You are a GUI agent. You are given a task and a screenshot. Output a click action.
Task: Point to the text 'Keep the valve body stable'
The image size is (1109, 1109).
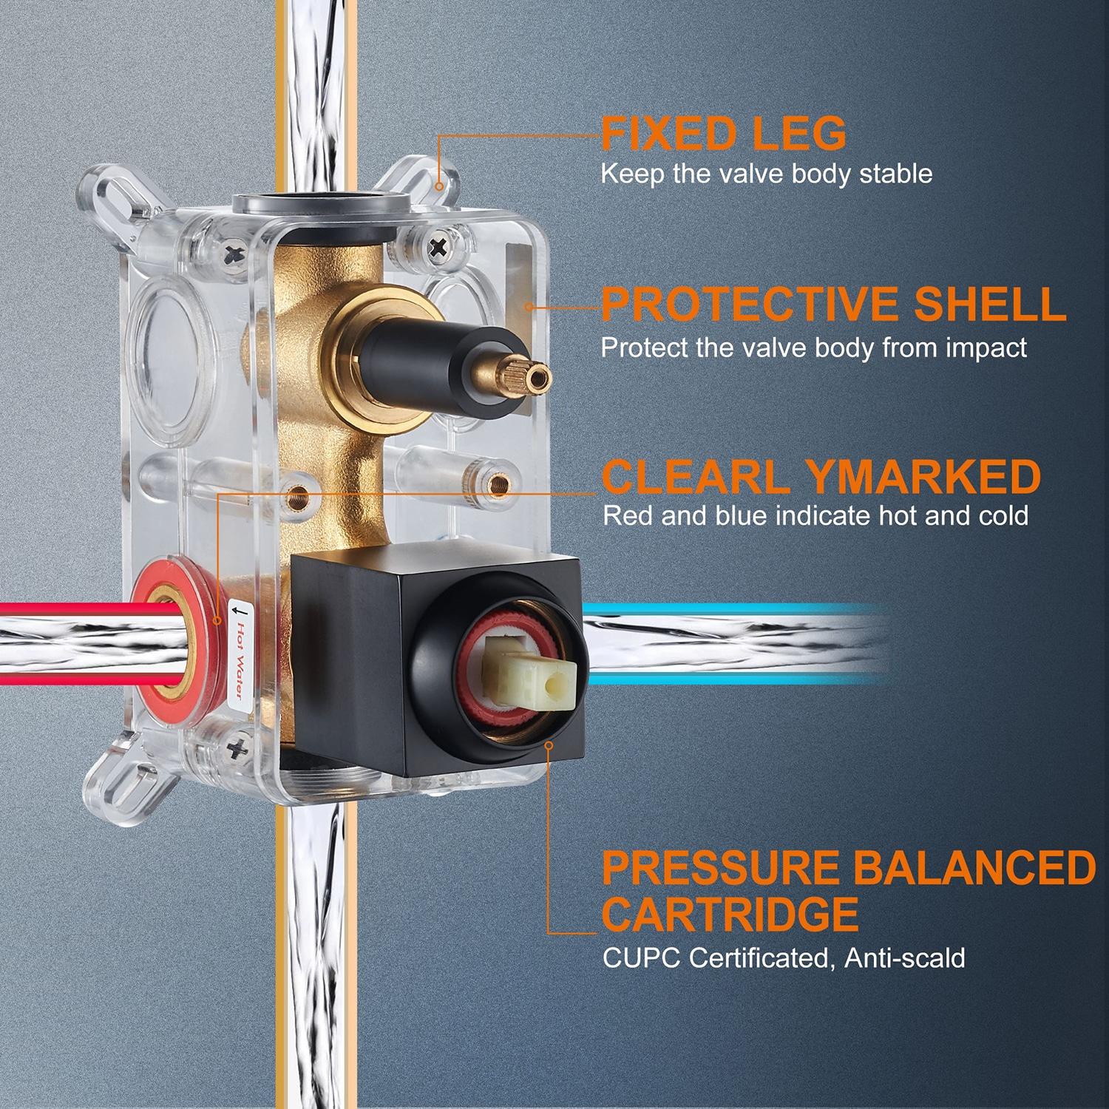(x=766, y=174)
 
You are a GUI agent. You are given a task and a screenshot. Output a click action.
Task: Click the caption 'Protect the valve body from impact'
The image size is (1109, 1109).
(x=814, y=347)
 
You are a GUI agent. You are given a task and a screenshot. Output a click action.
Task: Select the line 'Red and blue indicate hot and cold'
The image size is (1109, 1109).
(x=815, y=515)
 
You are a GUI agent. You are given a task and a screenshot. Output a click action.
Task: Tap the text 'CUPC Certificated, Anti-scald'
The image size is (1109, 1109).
(x=784, y=958)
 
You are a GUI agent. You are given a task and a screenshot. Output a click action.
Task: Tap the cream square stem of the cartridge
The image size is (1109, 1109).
(x=528, y=676)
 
